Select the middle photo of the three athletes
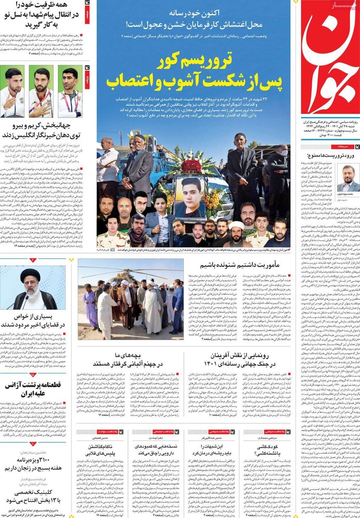40,91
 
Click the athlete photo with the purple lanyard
69,91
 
